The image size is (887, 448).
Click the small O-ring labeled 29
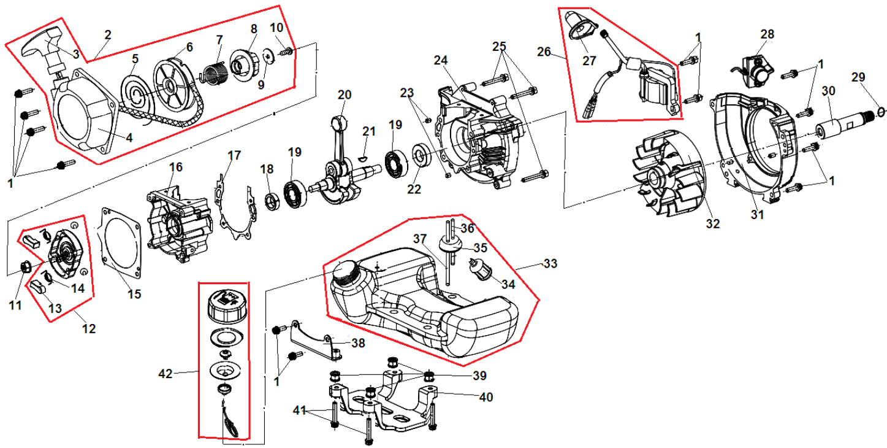[881, 111]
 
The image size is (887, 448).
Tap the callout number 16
[176, 167]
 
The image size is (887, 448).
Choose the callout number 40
[486, 397]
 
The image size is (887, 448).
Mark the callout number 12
[89, 328]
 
